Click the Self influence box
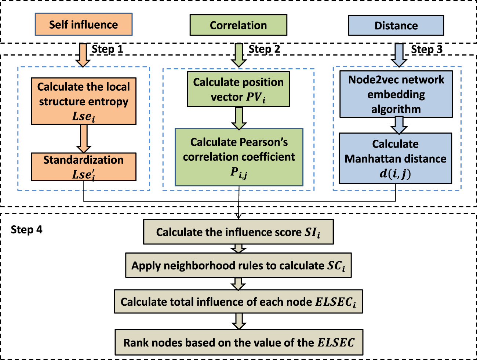[x=84, y=25]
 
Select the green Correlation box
[x=238, y=25]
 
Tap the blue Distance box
[x=396, y=26]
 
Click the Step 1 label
[x=107, y=49]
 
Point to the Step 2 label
[x=264, y=49]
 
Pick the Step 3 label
[x=426, y=50]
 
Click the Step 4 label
[x=26, y=230]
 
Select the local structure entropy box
[x=84, y=101]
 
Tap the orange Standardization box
[x=84, y=167]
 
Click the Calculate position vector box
[x=238, y=89]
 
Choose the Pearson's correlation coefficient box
[x=239, y=157]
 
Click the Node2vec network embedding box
[x=396, y=94]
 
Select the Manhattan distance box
[x=395, y=158]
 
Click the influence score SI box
[x=238, y=232]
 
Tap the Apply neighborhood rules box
[x=238, y=265]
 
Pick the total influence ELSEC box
[x=238, y=302]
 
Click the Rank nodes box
[x=239, y=342]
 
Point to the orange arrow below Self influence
[x=83, y=55]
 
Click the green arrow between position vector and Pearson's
[x=239, y=118]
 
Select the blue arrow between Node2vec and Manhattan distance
[x=399, y=125]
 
